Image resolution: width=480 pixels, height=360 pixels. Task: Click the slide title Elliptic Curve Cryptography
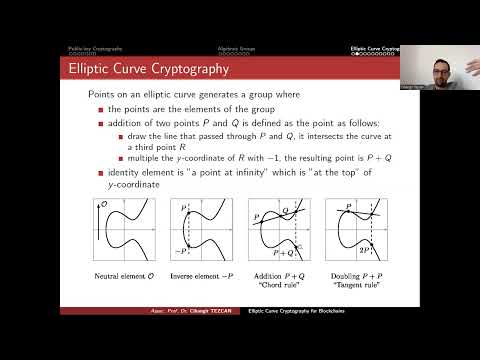point(147,70)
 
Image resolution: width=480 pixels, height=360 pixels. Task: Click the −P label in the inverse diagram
point(182,251)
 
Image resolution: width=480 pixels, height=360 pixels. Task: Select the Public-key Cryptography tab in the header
point(96,48)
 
